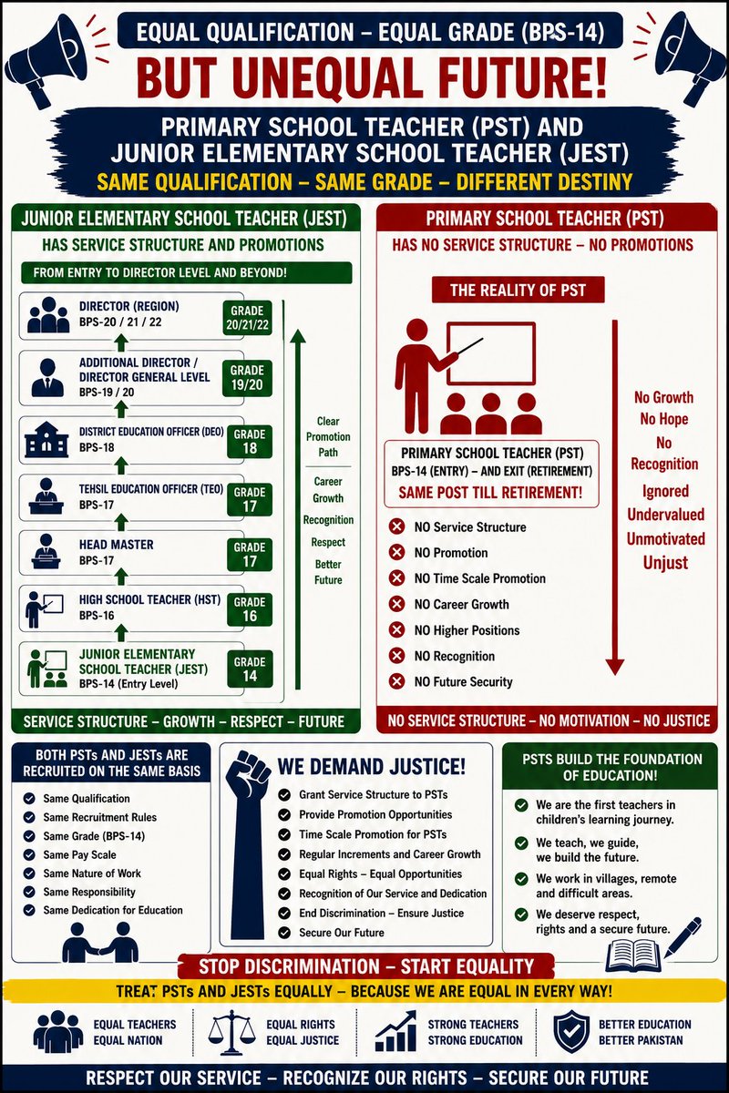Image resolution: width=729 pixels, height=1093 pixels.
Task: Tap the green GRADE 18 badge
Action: click(250, 442)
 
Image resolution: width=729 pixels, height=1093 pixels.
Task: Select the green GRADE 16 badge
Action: click(250, 609)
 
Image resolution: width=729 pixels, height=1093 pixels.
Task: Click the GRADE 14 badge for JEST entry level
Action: click(250, 669)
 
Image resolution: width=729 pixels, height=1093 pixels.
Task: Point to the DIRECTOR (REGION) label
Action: click(128, 306)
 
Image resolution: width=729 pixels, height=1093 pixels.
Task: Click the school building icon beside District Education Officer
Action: click(46, 440)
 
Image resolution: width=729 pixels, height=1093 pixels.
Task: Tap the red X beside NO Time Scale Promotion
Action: click(397, 578)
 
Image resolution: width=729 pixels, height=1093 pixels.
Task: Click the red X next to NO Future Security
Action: click(397, 681)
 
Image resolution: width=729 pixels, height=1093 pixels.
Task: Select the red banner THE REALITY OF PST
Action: click(519, 291)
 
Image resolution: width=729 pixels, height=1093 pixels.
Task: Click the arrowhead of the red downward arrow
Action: click(615, 667)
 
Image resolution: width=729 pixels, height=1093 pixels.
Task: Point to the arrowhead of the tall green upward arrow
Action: click(298, 336)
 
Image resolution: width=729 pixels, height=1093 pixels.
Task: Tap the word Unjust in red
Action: click(665, 563)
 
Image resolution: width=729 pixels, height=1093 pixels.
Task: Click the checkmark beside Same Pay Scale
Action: click(29, 854)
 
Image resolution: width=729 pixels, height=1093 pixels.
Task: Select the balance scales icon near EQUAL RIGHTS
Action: click(231, 1032)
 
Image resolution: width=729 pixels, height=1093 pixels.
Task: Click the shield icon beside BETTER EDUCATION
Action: click(570, 1031)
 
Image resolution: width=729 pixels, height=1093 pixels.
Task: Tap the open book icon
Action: click(633, 956)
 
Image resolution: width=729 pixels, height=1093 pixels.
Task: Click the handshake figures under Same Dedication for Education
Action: click(100, 943)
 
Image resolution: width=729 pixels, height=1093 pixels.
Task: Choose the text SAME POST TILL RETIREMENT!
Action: click(491, 493)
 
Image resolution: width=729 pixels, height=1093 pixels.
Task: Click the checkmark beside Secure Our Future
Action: click(284, 933)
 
